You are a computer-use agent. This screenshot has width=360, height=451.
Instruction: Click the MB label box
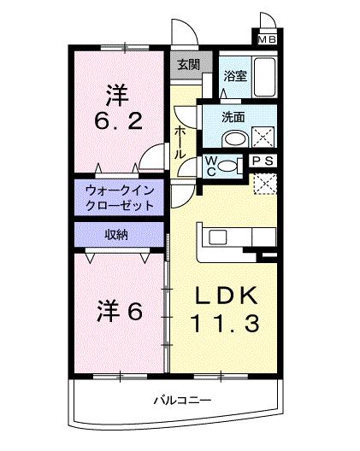[x=266, y=39]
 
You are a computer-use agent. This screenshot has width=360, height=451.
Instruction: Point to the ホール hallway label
[x=180, y=142]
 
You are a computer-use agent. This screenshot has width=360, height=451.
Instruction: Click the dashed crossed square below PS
[x=265, y=183]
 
